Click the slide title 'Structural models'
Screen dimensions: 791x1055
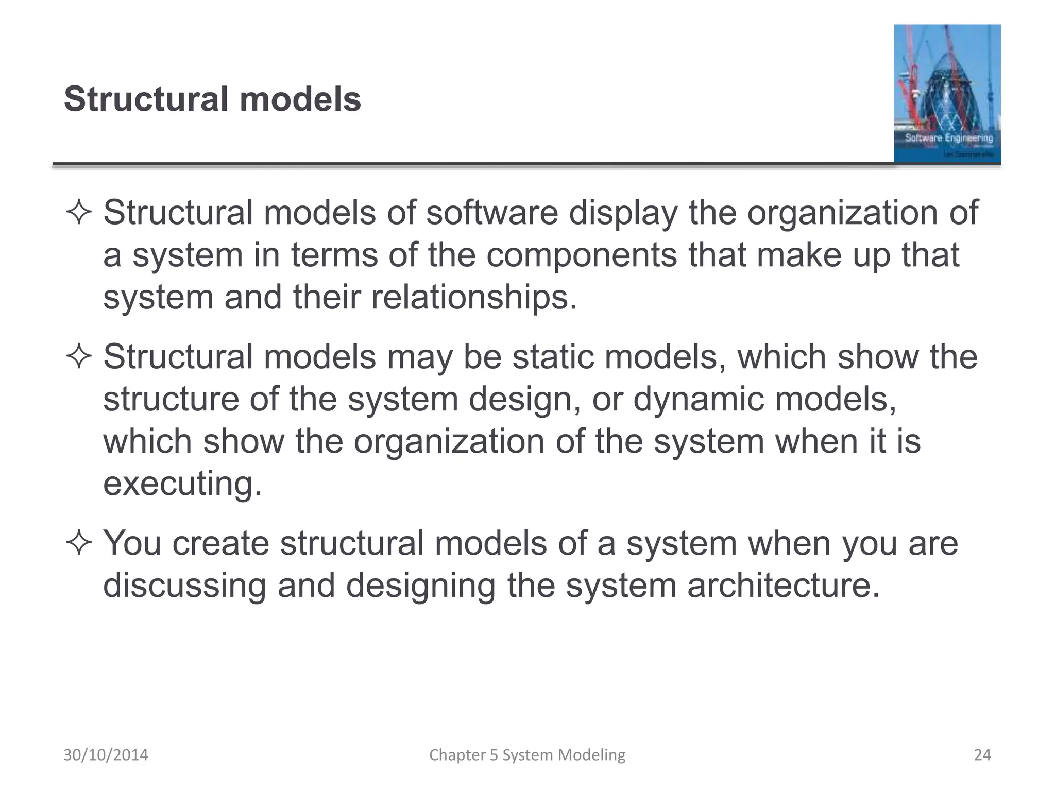(x=212, y=99)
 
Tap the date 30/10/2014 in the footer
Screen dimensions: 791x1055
(x=106, y=755)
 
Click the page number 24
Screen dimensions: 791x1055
(x=982, y=755)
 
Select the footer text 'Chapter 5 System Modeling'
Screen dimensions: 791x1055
(x=527, y=755)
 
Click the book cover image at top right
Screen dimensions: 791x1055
(x=947, y=94)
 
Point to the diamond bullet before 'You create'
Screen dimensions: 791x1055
(x=79, y=544)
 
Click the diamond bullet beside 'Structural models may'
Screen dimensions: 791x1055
(x=79, y=357)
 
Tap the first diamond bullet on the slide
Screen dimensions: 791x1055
(x=79, y=213)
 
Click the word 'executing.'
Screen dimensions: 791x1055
(x=182, y=484)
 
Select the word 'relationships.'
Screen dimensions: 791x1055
(x=474, y=297)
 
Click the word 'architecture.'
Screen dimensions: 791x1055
(x=784, y=586)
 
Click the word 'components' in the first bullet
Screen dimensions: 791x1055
(x=582, y=255)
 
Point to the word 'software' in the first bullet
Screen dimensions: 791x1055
(x=492, y=213)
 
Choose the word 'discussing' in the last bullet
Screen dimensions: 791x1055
(x=184, y=586)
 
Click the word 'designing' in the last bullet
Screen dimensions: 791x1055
(x=420, y=586)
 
